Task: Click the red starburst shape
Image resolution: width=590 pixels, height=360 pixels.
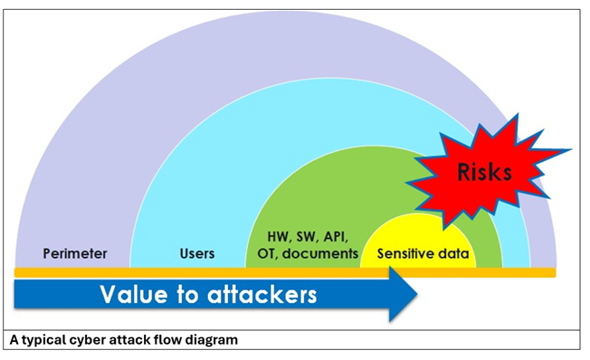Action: point(457,194)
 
